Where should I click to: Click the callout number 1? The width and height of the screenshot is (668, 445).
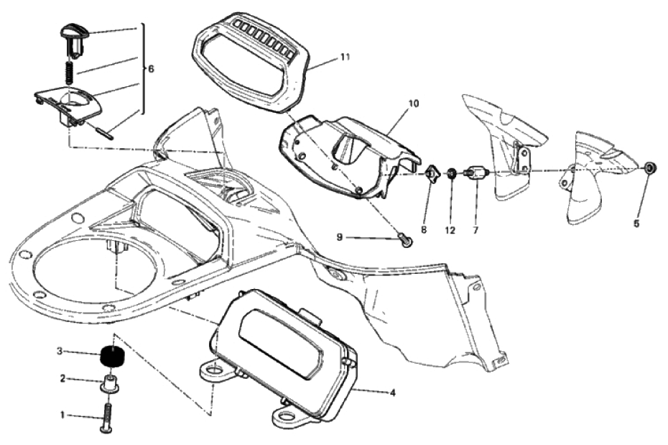tap(63, 415)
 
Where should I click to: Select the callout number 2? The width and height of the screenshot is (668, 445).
tap(63, 378)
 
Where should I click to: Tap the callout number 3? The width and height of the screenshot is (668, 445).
tap(60, 352)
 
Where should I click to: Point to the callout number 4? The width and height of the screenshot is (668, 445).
tap(392, 393)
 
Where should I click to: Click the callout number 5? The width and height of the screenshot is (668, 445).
tap(636, 224)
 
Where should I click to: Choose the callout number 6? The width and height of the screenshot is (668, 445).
tap(151, 69)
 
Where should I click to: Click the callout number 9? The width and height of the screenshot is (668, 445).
tap(340, 236)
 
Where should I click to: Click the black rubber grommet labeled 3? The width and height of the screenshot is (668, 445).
tap(111, 356)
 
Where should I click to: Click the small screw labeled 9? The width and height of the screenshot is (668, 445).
tap(405, 242)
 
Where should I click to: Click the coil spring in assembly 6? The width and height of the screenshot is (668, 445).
tap(70, 70)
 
